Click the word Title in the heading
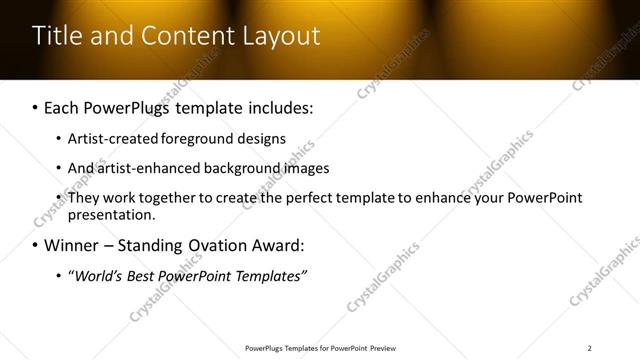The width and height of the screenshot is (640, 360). point(58,36)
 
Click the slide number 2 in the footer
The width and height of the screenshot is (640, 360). point(589,347)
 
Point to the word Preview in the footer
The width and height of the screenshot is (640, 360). point(382,347)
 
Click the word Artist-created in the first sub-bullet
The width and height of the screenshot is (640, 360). point(108,139)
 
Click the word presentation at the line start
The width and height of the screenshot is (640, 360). point(112,214)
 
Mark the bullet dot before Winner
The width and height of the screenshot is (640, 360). point(37,245)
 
